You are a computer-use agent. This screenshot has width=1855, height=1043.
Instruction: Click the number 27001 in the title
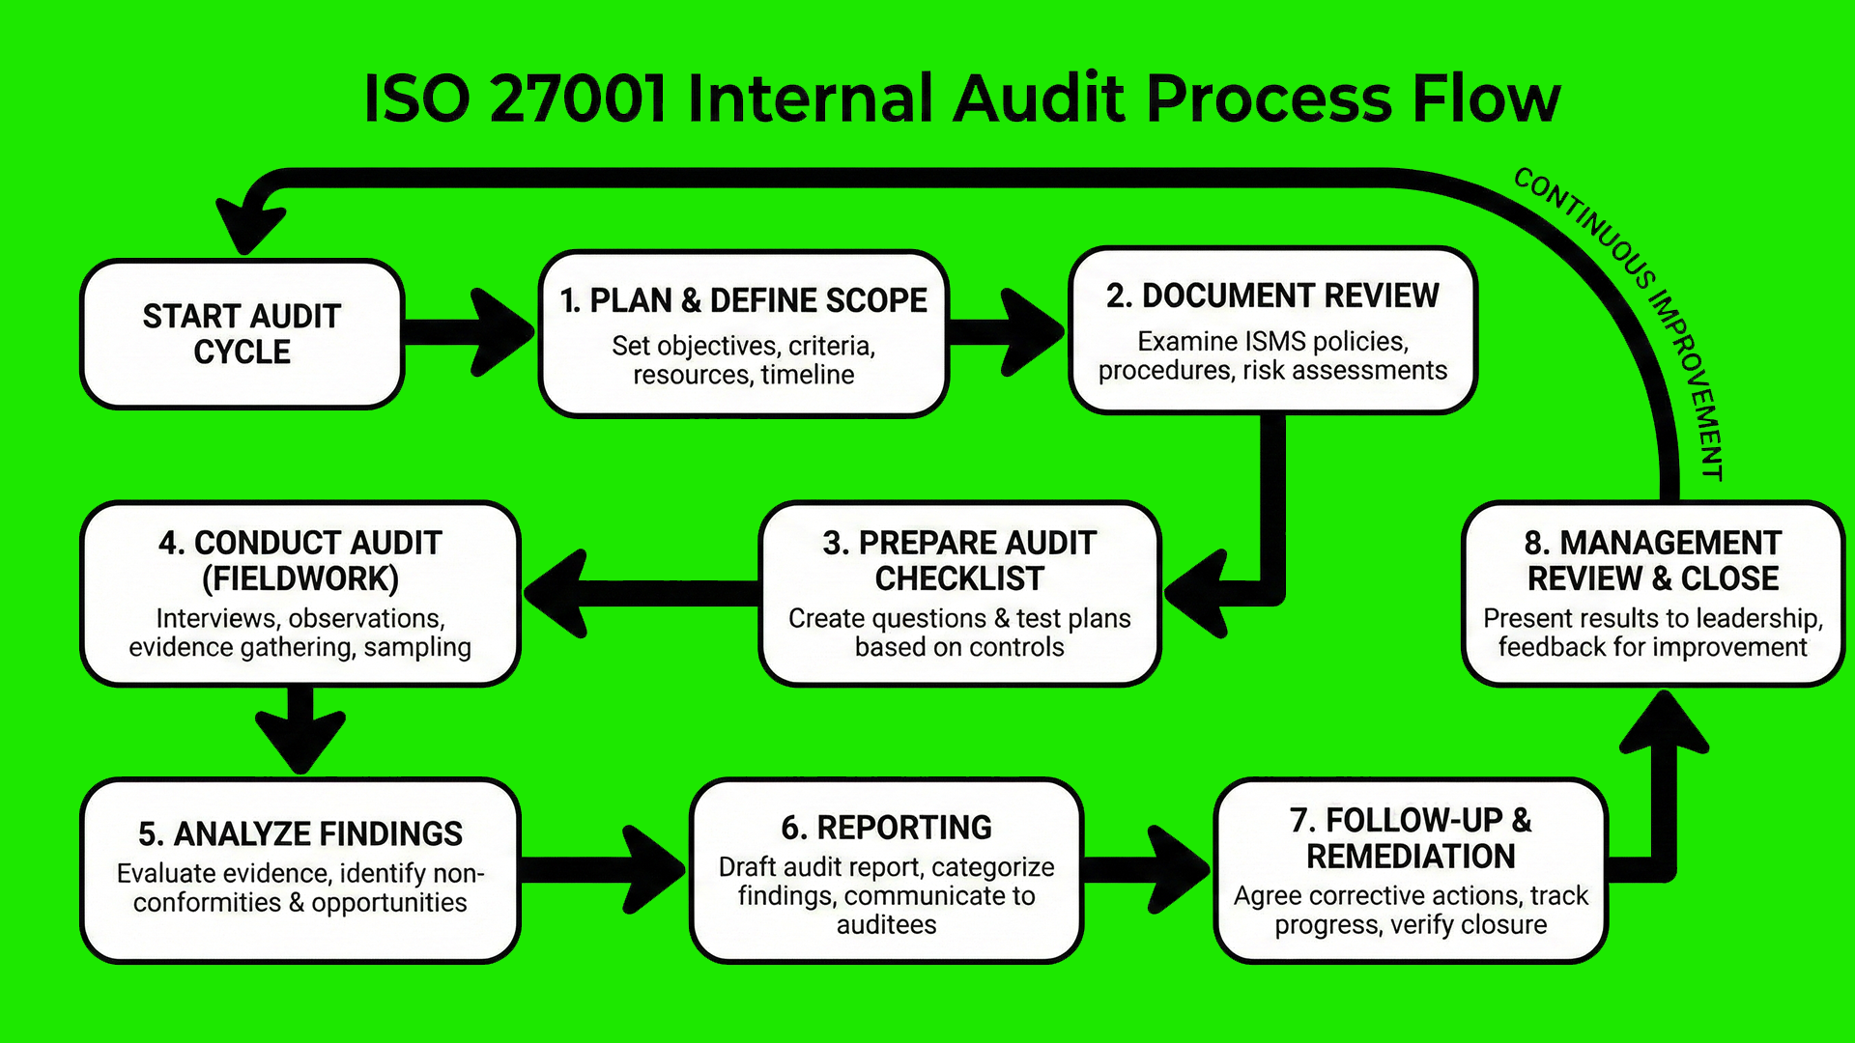click(x=577, y=99)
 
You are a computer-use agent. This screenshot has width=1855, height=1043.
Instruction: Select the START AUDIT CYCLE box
click(x=242, y=334)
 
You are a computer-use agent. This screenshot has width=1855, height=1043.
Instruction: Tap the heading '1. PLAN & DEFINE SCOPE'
click(x=743, y=300)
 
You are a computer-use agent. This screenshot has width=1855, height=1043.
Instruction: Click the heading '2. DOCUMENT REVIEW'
click(x=1272, y=296)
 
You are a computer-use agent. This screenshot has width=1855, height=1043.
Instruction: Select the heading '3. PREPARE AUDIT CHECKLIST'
click(x=959, y=560)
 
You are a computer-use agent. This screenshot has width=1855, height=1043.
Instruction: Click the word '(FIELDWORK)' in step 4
click(x=300, y=578)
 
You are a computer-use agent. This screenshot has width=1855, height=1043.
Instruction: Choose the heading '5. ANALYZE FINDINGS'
click(x=300, y=833)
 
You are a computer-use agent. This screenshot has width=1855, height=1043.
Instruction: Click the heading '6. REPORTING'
click(x=886, y=828)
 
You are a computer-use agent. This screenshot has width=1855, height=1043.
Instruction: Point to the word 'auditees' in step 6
click(x=886, y=925)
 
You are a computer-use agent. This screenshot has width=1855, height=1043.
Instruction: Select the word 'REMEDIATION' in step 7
click(x=1411, y=857)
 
